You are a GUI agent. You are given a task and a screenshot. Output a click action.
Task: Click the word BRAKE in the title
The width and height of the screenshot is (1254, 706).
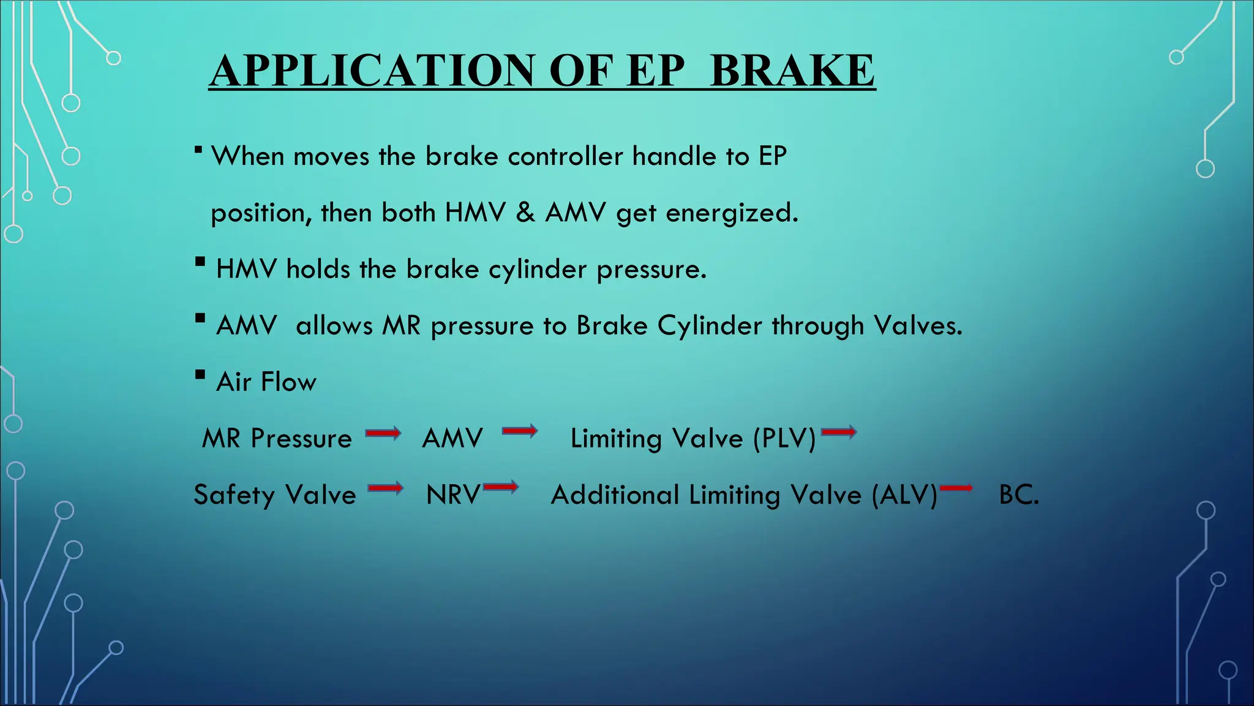(x=792, y=70)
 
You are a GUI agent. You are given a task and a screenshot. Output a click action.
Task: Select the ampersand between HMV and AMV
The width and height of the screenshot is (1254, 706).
(x=525, y=213)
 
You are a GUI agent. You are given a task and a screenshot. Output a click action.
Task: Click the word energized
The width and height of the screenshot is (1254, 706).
(x=732, y=213)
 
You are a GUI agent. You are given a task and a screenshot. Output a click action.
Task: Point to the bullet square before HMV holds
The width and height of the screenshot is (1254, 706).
(x=200, y=262)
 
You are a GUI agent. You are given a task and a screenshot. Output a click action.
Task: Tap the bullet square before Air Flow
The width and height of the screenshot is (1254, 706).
(x=200, y=374)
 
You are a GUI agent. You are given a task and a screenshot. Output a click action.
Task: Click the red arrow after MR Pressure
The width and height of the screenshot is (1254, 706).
(x=383, y=434)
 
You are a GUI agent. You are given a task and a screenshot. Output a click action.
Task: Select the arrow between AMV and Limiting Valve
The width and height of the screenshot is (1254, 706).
(x=520, y=431)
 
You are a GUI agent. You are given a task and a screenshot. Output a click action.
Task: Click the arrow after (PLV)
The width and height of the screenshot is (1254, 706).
(x=839, y=433)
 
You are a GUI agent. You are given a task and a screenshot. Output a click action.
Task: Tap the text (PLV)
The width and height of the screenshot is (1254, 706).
(x=784, y=439)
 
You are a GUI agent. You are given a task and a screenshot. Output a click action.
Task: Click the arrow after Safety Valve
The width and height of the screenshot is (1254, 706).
(x=386, y=488)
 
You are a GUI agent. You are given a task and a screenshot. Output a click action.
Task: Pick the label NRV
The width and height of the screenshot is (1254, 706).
(x=453, y=495)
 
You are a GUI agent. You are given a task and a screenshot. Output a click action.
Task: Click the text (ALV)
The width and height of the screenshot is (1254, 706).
(x=904, y=495)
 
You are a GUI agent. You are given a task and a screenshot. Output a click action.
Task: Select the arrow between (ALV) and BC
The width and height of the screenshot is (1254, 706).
(x=956, y=488)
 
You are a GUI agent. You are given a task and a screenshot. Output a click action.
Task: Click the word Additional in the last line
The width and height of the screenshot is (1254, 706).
(x=615, y=495)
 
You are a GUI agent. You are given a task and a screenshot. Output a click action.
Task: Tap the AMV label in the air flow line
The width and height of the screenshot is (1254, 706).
(x=452, y=439)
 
